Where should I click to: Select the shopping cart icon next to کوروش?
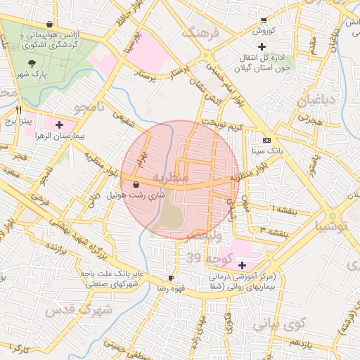click(x=263, y=20)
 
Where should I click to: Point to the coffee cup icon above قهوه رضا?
click(x=170, y=278)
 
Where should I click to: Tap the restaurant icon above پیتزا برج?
click(x=19, y=110)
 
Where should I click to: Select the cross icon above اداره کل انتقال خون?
click(x=262, y=46)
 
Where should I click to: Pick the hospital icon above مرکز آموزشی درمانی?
click(x=243, y=265)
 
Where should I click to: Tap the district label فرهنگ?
click(x=200, y=32)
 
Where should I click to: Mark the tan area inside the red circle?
click(x=170, y=216)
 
